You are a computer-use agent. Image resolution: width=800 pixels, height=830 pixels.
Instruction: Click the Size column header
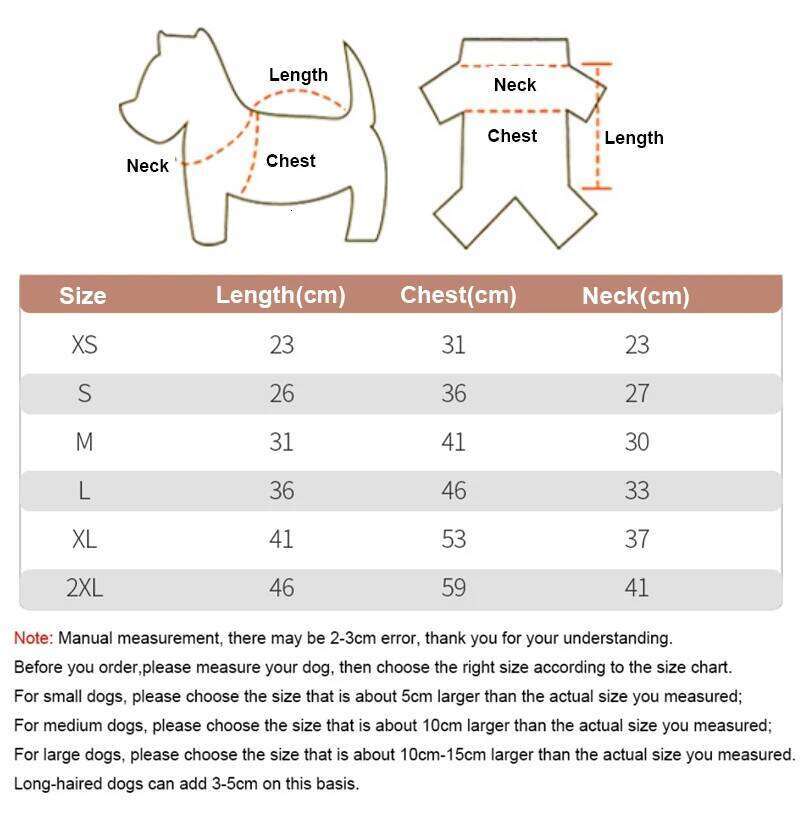82,296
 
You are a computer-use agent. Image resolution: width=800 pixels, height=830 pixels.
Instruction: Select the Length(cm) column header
281,295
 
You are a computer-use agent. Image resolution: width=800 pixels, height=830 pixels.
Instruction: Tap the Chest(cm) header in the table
458,295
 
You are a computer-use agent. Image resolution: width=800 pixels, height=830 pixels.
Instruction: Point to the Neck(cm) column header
636,296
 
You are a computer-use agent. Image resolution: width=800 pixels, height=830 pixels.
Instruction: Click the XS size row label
84,345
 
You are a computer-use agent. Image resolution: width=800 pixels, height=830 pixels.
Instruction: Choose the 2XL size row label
84,588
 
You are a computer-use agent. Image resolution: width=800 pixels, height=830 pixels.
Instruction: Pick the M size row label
84,442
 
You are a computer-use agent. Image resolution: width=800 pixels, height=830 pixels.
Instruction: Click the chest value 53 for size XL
454,539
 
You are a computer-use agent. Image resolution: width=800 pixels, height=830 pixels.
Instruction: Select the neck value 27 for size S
637,393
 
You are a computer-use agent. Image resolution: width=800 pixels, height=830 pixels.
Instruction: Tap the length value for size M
282,442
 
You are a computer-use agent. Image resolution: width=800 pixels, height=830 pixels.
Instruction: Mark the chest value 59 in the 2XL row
454,588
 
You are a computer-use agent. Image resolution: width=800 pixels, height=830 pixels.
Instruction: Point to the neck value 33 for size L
637,491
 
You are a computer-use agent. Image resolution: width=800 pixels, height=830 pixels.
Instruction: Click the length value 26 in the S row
282,393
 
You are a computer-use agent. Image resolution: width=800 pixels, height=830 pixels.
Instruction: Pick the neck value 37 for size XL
637,539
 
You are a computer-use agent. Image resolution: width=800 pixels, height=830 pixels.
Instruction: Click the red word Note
32,638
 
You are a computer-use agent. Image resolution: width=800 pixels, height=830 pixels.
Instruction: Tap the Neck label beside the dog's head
147,166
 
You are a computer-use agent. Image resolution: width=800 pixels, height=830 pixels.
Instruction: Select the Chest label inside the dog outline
290,161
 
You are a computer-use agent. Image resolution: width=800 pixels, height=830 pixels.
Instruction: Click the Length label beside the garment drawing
634,138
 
